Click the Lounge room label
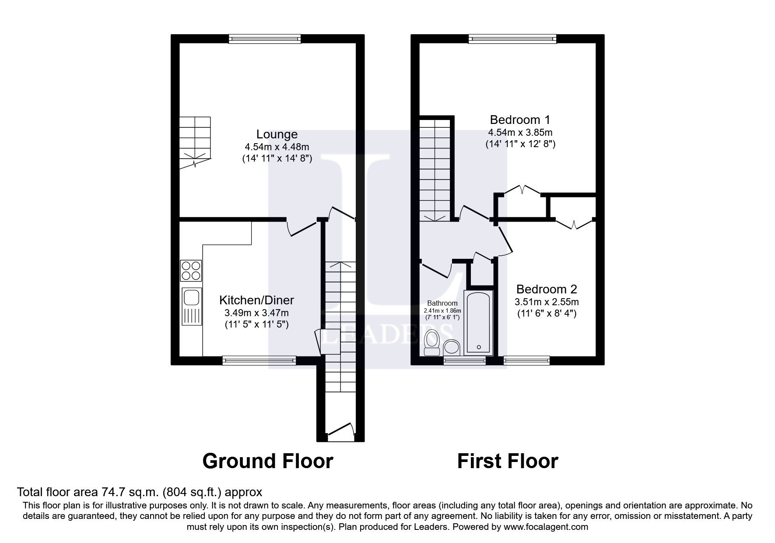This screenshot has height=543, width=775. point(277,134)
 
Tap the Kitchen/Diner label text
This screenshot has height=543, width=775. point(256,300)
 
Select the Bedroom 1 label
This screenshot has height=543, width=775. point(520,120)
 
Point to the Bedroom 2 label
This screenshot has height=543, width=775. point(547,289)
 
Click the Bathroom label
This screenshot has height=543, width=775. point(442,303)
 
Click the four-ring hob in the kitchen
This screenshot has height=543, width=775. point(191,270)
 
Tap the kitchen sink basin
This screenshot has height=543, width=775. point(191,297)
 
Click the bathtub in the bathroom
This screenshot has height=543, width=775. point(478,322)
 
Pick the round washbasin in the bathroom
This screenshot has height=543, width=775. point(452,348)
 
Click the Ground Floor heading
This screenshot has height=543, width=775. point(268,461)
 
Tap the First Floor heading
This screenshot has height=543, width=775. point(508,461)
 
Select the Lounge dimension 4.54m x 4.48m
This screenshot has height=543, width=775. point(277,147)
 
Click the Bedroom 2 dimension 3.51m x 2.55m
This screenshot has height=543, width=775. point(547,302)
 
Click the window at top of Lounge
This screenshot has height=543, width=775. point(265,39)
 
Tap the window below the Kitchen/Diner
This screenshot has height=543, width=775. point(259,360)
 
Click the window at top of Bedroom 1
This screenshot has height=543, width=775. point(512,39)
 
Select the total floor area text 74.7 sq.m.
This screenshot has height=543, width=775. point(139,492)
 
